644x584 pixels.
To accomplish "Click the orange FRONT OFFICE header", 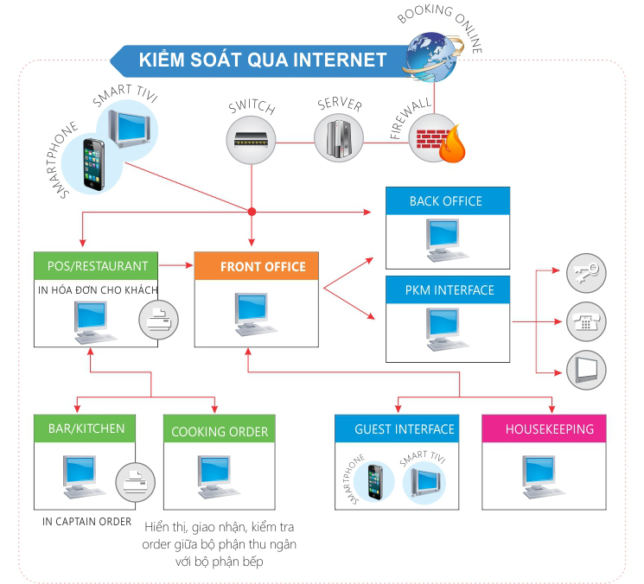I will click(257, 266).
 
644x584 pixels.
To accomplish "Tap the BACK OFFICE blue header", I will click(447, 201).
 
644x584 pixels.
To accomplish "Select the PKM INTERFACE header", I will click(447, 290).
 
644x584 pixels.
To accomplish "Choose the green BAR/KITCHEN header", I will click(86, 428).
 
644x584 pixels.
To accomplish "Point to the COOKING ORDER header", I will click(220, 431).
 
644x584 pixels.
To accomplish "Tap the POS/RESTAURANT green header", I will click(95, 266).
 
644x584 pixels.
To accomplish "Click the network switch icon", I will click(252, 136).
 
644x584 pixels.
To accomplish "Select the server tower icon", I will click(338, 136).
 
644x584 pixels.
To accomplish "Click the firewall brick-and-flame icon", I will click(433, 138).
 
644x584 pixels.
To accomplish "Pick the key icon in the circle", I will click(585, 273).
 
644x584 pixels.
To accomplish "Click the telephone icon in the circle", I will click(585, 321).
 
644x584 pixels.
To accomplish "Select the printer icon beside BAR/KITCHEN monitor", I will click(135, 476).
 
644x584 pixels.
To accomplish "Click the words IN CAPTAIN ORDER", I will click(87, 522).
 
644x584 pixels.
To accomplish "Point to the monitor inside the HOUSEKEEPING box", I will click(544, 475).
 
